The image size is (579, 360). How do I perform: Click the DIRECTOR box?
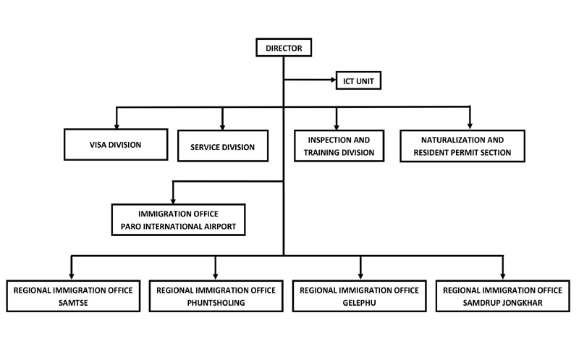click(x=284, y=48)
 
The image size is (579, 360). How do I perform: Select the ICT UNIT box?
click(x=358, y=80)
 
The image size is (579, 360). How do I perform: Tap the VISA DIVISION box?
click(x=116, y=145)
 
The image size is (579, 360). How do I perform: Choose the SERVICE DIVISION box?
click(x=223, y=146)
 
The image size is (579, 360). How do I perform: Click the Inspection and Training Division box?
click(x=339, y=146)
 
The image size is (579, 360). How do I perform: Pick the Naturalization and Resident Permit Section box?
click(x=462, y=146)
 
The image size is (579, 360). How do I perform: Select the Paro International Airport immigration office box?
click(x=178, y=220)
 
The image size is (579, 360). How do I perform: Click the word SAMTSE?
click(x=73, y=303)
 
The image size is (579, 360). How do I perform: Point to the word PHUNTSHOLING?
click(x=216, y=303)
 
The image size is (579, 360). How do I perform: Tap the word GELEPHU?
click(x=359, y=303)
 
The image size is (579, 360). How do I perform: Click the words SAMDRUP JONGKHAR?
click(x=502, y=303)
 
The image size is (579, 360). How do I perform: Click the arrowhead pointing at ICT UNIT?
click(x=334, y=80)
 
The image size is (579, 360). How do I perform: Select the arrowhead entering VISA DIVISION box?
click(x=117, y=127)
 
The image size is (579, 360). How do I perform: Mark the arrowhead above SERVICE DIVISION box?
click(x=222, y=127)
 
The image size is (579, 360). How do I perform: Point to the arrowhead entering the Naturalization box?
click(x=470, y=127)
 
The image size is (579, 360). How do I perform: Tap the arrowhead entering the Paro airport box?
click(x=173, y=201)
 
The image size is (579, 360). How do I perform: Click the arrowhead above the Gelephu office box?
click(x=360, y=277)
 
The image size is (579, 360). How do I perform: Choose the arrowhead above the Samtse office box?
click(x=72, y=277)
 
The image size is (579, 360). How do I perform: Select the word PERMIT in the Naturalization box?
click(x=467, y=153)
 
